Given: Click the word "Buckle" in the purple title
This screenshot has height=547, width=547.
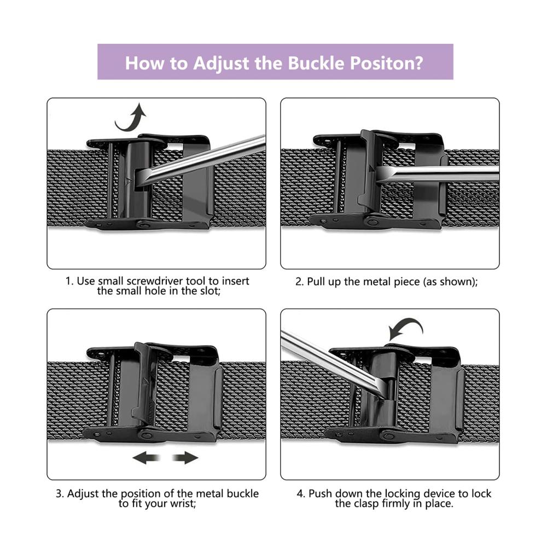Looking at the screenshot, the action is coord(316,63).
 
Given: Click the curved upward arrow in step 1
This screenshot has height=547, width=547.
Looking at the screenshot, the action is coord(131,117).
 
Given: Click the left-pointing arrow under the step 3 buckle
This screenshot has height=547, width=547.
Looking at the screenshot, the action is coord(146,457).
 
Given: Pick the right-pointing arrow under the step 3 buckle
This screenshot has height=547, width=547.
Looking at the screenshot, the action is coord(185,457).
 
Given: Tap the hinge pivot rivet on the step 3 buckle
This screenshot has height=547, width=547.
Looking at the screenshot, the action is coord(146,435).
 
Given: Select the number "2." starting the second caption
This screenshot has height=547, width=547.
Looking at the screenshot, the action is coord(299,282).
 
